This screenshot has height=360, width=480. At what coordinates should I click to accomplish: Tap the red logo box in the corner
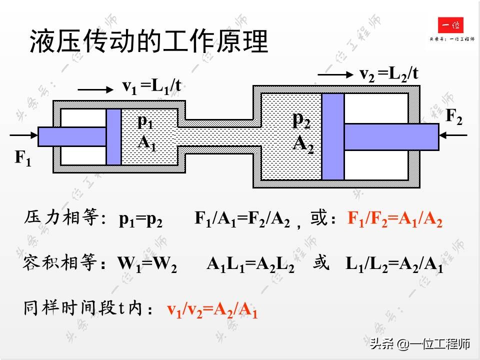(450, 25)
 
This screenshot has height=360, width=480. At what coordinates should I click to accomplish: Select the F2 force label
(454, 117)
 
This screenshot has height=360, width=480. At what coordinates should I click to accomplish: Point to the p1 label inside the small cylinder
(145, 121)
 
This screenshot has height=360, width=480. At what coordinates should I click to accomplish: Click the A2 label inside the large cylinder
(303, 143)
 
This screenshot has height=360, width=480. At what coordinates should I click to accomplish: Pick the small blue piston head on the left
(113, 136)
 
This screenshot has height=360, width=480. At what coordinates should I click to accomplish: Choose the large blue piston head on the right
(332, 136)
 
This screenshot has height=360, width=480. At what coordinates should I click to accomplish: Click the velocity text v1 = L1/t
(151, 86)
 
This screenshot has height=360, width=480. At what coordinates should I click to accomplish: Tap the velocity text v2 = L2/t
(388, 74)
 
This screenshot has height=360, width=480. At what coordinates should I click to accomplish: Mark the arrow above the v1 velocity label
(95, 89)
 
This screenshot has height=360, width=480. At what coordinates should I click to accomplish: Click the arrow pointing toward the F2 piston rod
(453, 135)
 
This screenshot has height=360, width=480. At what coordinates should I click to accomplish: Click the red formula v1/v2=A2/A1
(212, 310)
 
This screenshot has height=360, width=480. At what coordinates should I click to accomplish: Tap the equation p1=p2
(140, 220)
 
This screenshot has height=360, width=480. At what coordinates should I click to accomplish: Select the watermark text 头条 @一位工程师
(420, 344)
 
